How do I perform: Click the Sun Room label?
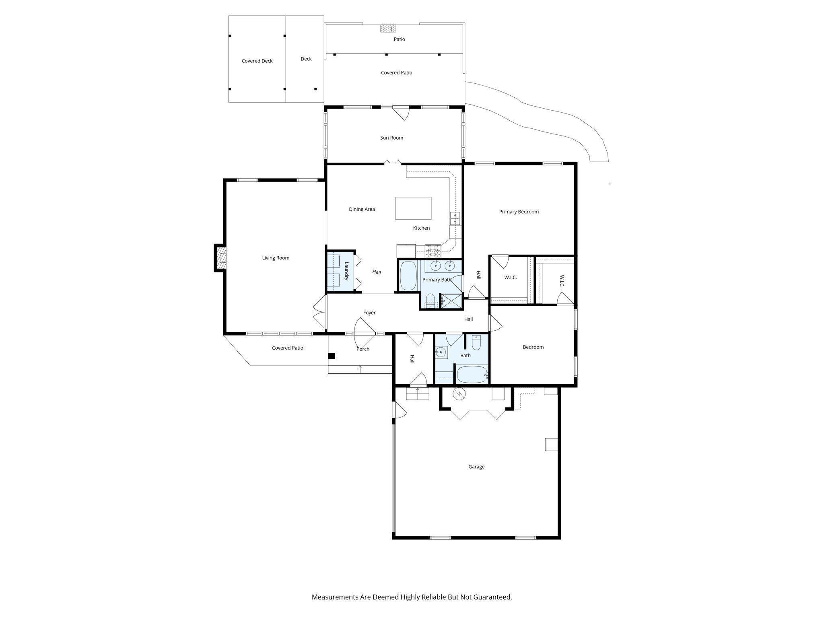pos(391,138)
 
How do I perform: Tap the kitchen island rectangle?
pos(413,208)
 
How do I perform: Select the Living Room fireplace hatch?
pos(221,258)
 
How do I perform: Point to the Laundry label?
pos(346,271)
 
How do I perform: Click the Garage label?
pos(476,467)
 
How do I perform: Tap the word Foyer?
pos(369,313)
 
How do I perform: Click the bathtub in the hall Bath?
pos(472,375)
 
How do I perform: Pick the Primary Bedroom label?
pos(519,212)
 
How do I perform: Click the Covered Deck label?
pos(257,61)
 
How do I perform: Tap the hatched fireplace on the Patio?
pos(388,29)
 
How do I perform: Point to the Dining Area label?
pos(362,210)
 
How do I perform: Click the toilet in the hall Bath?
pos(476,344)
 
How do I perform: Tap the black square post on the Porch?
pos(332,356)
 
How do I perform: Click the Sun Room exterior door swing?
pos(401,113)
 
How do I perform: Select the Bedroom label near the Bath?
pos(533,347)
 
